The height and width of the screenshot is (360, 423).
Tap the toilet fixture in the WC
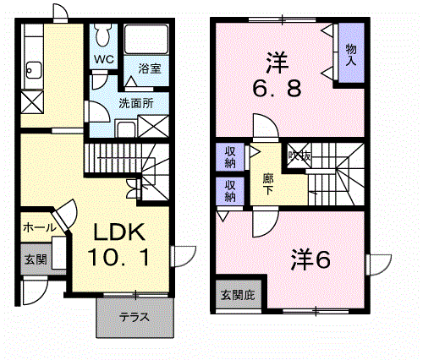click(103, 36)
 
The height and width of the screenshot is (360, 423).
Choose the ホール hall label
click(39, 227)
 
